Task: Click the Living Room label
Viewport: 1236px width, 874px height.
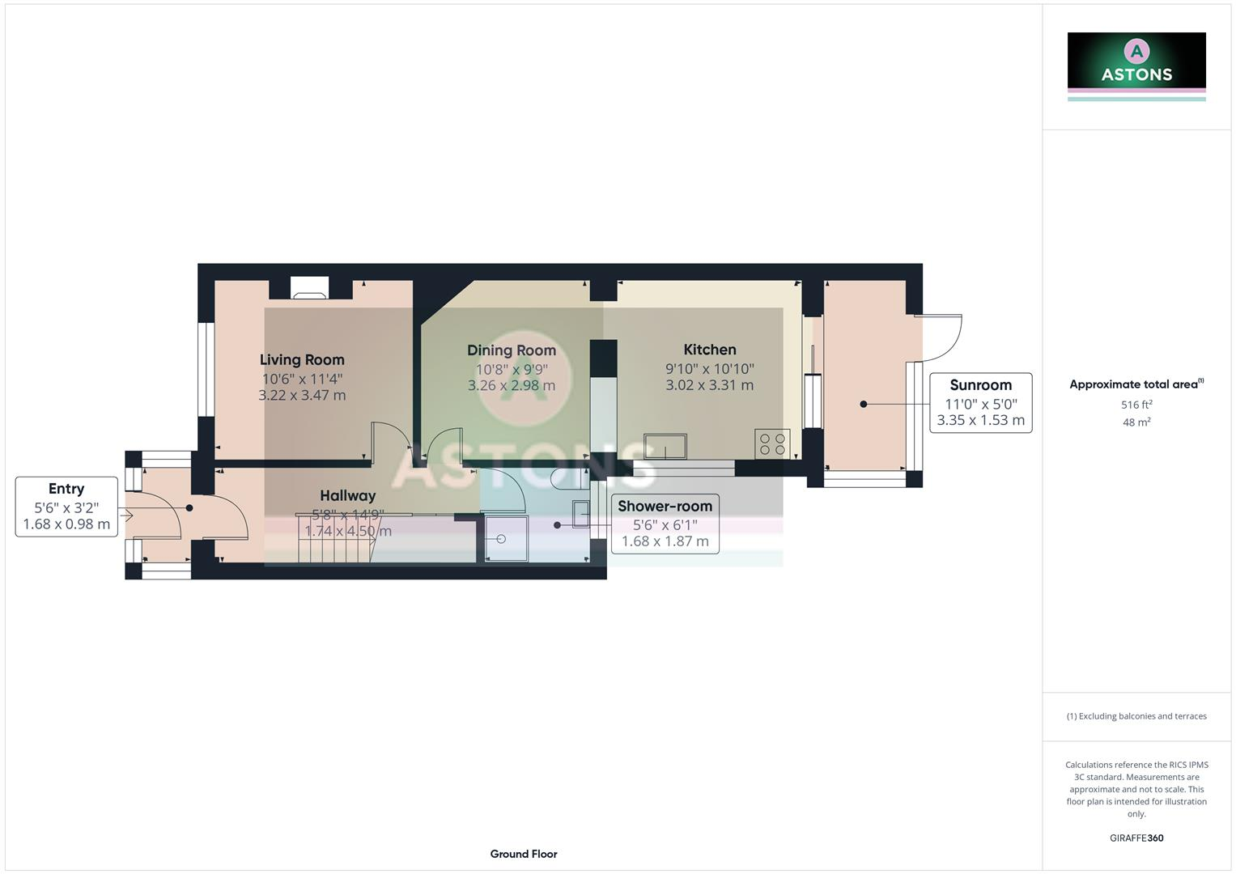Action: [302, 360]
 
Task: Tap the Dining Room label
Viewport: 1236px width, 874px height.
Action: [512, 350]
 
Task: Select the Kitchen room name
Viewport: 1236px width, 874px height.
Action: [710, 350]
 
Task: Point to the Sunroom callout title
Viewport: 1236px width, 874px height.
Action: [980, 385]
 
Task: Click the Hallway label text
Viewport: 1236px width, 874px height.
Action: [347, 496]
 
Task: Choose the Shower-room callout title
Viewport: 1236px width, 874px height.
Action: [665, 507]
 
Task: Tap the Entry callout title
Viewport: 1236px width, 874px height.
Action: [66, 489]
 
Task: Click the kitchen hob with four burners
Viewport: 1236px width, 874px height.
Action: [772, 444]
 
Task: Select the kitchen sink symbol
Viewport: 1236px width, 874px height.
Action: [665, 446]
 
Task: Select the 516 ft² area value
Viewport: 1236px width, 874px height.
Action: [1136, 405]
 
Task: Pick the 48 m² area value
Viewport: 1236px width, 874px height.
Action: [1136, 422]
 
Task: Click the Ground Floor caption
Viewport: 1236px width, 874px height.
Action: [524, 854]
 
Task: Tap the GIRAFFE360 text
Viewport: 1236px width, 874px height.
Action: [1136, 838]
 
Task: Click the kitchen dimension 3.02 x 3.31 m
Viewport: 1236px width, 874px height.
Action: [710, 386]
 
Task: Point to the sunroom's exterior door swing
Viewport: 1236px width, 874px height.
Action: [941, 338]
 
